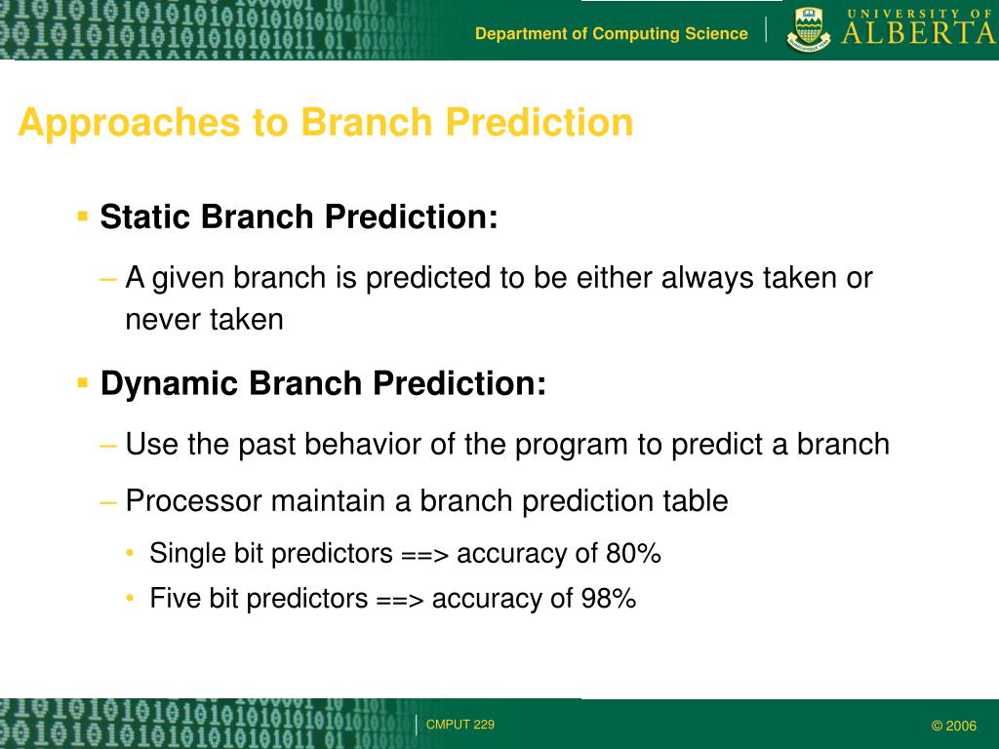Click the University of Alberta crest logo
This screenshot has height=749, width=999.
tap(808, 30)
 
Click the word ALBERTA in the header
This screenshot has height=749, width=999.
tap(919, 33)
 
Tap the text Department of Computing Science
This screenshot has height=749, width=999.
tap(612, 34)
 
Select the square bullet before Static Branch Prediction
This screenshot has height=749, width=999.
tap(82, 216)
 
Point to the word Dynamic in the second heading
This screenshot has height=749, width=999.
tap(167, 383)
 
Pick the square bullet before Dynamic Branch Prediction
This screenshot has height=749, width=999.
tap(82, 382)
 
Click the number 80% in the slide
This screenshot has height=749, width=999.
tap(633, 553)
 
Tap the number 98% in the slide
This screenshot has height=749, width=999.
tap(609, 598)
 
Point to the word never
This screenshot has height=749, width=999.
tap(162, 320)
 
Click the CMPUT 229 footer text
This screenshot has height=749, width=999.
tap(460, 725)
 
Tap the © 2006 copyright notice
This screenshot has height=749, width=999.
tap(954, 726)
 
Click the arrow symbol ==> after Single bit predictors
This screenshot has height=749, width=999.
tap(425, 555)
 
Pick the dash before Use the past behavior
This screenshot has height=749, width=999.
tap(108, 445)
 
